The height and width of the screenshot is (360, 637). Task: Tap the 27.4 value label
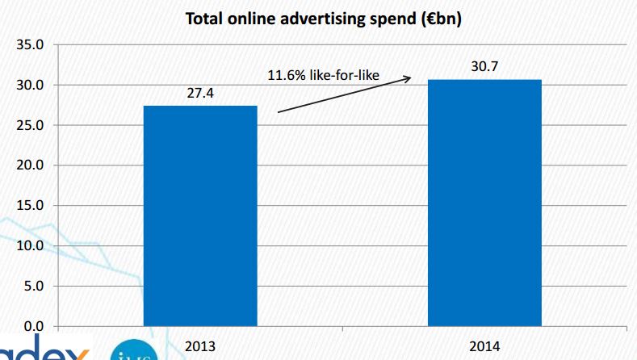click(200, 94)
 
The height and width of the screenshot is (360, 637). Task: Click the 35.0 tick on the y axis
click(29, 44)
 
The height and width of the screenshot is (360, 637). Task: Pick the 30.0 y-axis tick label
click(29, 85)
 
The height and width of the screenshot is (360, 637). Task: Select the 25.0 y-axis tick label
click(29, 125)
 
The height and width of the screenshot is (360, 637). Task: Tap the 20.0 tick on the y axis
click(29, 165)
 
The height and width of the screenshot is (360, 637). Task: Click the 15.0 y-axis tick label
click(29, 205)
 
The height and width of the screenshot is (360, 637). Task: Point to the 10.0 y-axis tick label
click(29, 245)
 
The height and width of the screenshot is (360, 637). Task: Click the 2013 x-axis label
click(200, 345)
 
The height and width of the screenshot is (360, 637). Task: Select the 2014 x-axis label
click(484, 345)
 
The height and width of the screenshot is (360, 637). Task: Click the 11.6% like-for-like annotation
click(334, 77)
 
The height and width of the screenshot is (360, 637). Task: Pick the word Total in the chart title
click(206, 18)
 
